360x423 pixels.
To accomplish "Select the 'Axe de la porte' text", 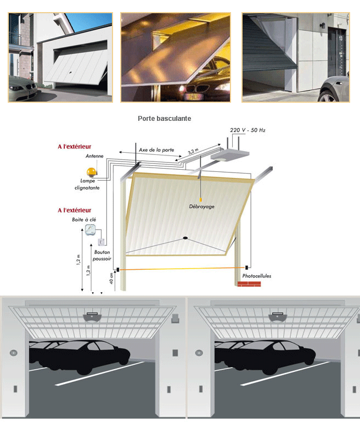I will [x=155, y=150].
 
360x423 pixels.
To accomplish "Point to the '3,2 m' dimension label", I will [x=193, y=151].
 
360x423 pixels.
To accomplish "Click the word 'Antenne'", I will [x=94, y=156].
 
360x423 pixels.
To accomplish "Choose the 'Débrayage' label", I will [x=201, y=207].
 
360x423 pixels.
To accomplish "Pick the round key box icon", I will [x=91, y=230].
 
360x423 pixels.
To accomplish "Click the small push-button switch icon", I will [x=101, y=242].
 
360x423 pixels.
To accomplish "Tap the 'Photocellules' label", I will [x=256, y=276].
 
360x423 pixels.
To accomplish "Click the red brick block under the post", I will [x=249, y=284].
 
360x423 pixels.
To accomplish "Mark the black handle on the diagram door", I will [x=185, y=238].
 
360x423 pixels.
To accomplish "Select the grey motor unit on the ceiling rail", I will [x=226, y=155].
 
